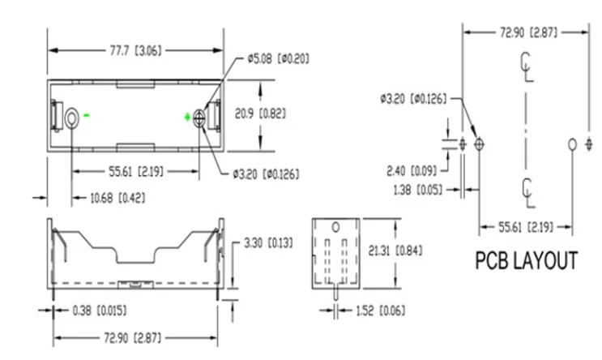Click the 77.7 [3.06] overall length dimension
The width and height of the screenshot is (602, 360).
135,50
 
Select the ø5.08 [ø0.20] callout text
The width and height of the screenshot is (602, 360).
279,58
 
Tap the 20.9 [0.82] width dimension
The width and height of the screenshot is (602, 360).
261,114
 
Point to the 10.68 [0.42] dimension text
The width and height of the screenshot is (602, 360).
117,199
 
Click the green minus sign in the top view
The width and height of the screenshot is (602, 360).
88,115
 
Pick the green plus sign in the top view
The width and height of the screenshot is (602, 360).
187,118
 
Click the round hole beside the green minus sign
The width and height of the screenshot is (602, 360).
72,118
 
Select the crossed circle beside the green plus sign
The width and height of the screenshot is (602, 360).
199,118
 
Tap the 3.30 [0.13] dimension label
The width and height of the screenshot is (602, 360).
268,243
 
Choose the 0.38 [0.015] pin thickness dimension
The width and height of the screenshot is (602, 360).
100,311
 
